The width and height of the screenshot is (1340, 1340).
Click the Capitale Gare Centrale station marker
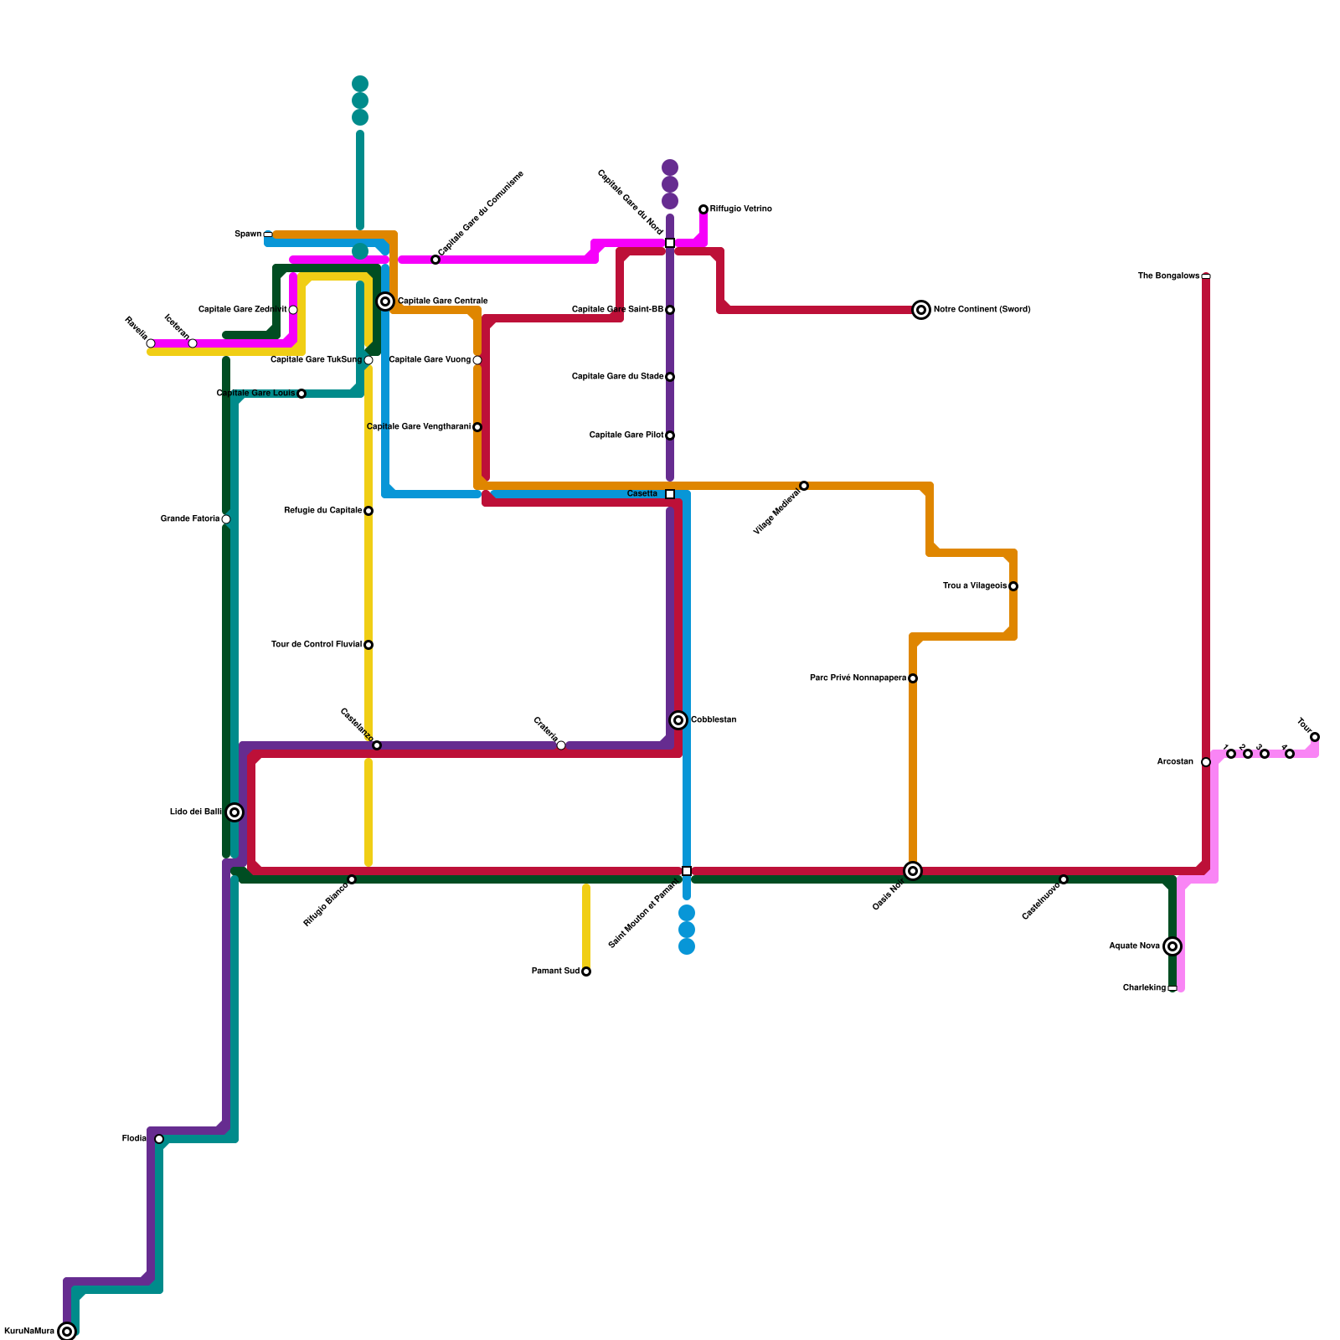[385, 301]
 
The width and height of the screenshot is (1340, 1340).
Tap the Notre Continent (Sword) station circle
[921, 310]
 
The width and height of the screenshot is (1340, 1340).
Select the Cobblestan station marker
[678, 720]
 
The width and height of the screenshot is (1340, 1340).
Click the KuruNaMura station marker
[67, 1332]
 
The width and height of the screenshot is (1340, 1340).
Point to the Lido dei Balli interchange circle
[234, 812]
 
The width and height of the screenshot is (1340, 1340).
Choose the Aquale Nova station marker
[1172, 946]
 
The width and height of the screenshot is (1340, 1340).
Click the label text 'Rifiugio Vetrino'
[741, 209]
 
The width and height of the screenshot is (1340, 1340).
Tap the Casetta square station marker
[670, 494]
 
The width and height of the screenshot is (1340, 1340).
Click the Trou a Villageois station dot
[1013, 586]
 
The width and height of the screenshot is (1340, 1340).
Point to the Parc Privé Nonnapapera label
[858, 678]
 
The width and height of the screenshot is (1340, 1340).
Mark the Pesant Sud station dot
[586, 971]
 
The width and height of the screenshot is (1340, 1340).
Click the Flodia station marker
[159, 1139]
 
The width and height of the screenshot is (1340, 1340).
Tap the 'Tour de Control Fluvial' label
[317, 645]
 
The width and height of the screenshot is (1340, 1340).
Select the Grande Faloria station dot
[226, 519]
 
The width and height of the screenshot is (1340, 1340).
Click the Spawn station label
[248, 234]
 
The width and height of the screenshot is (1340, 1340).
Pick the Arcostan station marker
[1206, 762]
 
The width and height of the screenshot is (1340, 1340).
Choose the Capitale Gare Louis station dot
[301, 394]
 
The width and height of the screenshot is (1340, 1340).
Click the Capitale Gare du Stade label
[617, 377]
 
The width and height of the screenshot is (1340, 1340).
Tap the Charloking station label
[1144, 988]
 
